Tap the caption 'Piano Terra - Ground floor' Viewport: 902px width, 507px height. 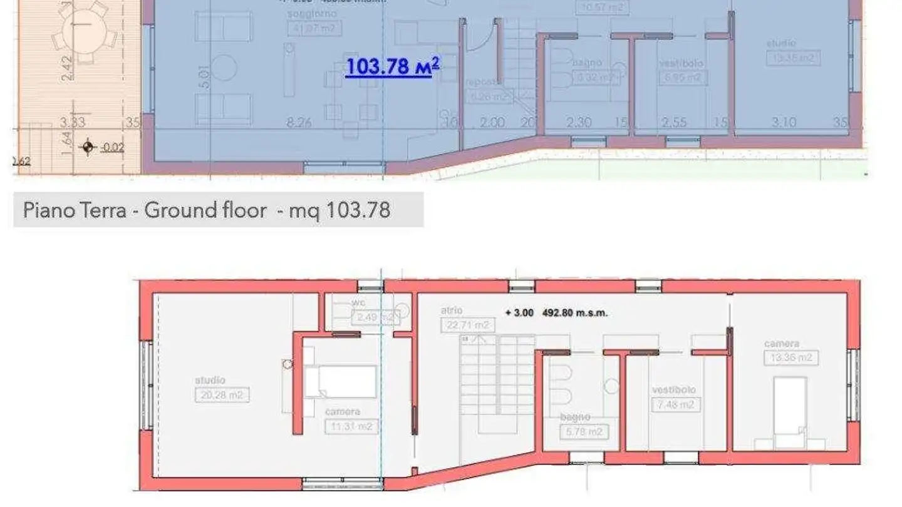145,210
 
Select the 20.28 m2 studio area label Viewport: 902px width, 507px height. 222,395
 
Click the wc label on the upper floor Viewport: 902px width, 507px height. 358,303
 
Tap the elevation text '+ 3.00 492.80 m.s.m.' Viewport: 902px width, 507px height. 556,312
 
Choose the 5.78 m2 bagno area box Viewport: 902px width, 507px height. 584,432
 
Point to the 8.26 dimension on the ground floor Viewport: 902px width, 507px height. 299,123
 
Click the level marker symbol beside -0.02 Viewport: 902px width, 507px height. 88,148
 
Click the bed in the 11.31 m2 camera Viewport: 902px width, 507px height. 340,381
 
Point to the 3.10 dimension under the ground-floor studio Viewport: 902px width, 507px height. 784,123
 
